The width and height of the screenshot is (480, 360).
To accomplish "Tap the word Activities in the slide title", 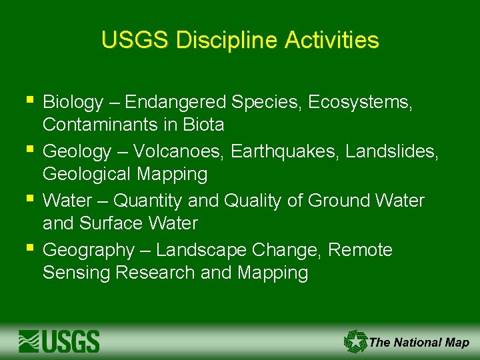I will point(331,41).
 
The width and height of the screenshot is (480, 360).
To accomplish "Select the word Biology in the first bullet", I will point(73,103).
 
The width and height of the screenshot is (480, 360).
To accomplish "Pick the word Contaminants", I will point(100,125).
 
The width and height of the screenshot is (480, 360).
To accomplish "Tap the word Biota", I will point(204,125).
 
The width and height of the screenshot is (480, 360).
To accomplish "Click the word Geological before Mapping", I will point(88,175).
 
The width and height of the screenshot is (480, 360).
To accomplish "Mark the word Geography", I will point(88,251).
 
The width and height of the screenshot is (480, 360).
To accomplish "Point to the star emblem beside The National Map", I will point(355,341).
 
